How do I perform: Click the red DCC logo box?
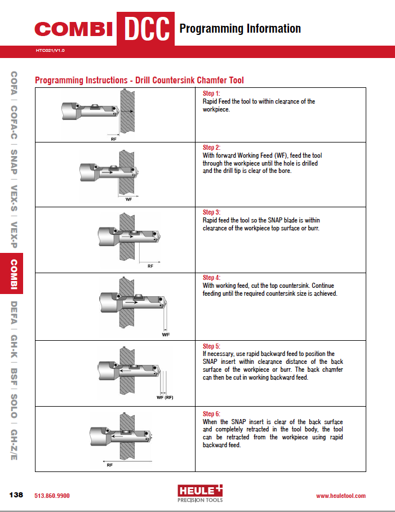click(x=145, y=28)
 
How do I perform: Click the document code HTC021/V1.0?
click(x=50, y=51)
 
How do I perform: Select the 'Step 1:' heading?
click(x=211, y=94)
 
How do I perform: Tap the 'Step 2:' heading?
click(x=211, y=148)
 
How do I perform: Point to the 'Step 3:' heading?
click(x=211, y=212)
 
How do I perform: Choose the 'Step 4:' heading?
click(x=211, y=278)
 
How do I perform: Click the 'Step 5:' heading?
click(x=211, y=346)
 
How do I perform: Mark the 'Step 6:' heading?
click(x=211, y=413)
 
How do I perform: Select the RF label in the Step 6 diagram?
click(x=109, y=466)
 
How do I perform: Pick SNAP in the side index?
click(x=14, y=162)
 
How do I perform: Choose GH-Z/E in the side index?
click(x=14, y=444)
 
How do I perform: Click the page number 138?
click(x=16, y=495)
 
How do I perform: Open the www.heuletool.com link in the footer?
click(x=340, y=496)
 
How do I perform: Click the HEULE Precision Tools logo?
click(x=200, y=493)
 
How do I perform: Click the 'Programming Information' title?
click(x=240, y=28)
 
